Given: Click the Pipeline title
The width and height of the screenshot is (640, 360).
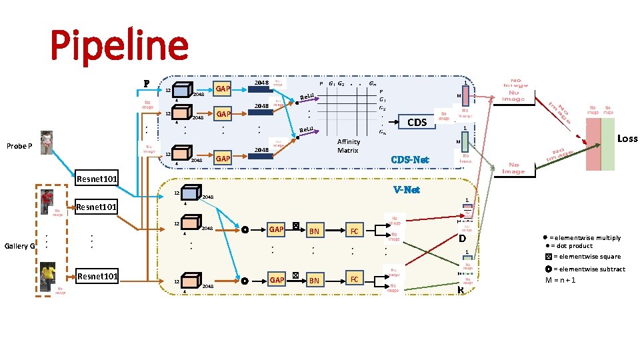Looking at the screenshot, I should click(x=119, y=45).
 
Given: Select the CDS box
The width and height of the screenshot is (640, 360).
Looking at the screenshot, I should click(x=417, y=122).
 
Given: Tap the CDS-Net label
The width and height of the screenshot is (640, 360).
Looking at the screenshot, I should click(x=411, y=159).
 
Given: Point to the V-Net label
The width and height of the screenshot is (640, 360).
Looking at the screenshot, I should click(x=407, y=190).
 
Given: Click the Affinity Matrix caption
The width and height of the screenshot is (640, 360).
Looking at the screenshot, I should click(x=348, y=146).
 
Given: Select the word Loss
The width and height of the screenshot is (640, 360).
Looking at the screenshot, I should click(x=627, y=139).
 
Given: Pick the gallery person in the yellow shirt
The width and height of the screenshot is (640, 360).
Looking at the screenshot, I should click(x=46, y=275).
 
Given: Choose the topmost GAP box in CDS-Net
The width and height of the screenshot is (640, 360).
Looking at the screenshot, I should click(x=223, y=89).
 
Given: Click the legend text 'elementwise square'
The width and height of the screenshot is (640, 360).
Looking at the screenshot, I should click(x=587, y=257).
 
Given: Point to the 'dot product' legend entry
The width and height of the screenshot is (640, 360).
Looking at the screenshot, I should click(x=571, y=246).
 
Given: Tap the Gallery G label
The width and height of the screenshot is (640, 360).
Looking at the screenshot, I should click(x=19, y=246).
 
